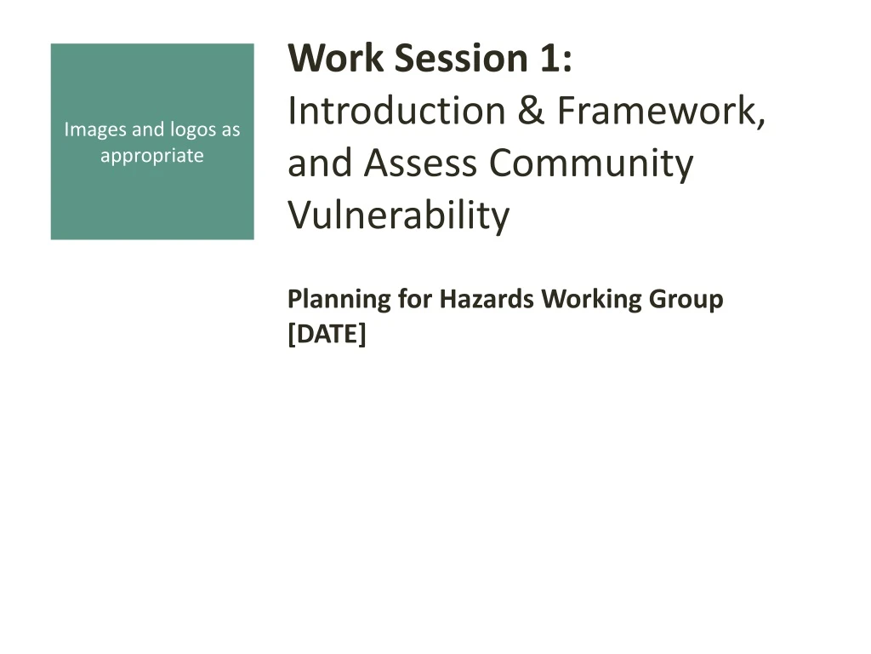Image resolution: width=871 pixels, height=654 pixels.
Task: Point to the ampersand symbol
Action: click(x=532, y=112)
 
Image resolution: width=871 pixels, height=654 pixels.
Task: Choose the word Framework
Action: click(x=661, y=112)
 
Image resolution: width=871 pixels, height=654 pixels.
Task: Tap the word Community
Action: click(x=591, y=163)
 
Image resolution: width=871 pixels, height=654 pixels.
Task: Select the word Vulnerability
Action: click(x=398, y=215)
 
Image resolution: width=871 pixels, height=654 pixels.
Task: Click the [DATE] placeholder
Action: click(x=327, y=335)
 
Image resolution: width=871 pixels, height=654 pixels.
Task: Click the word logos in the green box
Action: click(x=191, y=130)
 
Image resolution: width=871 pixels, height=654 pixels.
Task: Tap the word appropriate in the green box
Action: click(x=152, y=156)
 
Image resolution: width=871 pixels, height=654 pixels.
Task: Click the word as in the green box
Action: click(x=231, y=130)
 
